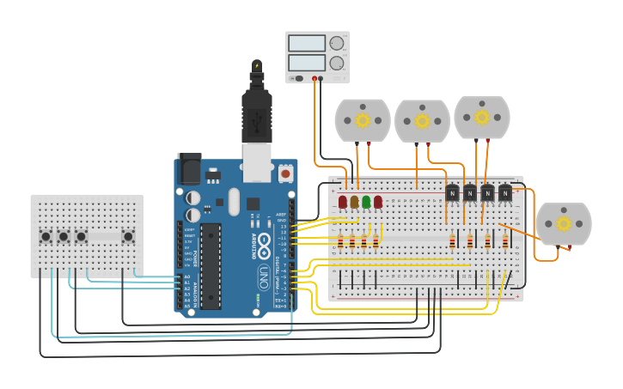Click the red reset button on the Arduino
pos(285,174)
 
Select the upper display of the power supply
pos(307,43)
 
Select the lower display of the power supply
pos(307,63)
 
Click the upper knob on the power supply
pos(337,43)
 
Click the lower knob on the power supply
pos(337,63)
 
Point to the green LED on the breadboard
pos(366,202)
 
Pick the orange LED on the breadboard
pos(354,202)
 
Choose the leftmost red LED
pos(343,202)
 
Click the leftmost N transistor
pos(452,193)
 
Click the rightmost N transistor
pos(505,193)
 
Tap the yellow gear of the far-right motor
pos(564,223)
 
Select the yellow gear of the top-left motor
pos(363,119)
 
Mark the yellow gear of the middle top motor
pos(422,120)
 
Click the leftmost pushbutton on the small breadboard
pos(46,236)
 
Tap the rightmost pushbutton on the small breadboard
pos(128,236)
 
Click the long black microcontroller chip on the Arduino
pos(211,265)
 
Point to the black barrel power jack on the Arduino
pos(188,169)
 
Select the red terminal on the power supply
pos(315,78)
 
